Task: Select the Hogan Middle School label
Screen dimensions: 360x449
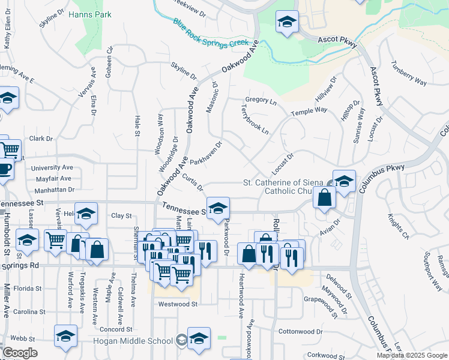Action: pyautogui.click(x=133, y=341)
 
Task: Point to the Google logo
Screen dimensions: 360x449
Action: pyautogui.click(x=20, y=353)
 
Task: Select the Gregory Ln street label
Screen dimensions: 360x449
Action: pyautogui.click(x=261, y=101)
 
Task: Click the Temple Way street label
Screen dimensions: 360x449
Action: pyautogui.click(x=309, y=112)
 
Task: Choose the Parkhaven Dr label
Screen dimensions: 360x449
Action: pyautogui.click(x=206, y=153)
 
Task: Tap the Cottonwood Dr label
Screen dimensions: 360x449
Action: pyautogui.click(x=301, y=331)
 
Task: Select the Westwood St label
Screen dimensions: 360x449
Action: pyautogui.click(x=178, y=304)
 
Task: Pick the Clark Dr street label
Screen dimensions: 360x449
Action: pyautogui.click(x=41, y=139)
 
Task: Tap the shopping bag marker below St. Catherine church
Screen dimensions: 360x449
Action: pyautogui.click(x=324, y=198)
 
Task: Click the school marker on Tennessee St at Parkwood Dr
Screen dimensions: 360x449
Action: pyautogui.click(x=218, y=208)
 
